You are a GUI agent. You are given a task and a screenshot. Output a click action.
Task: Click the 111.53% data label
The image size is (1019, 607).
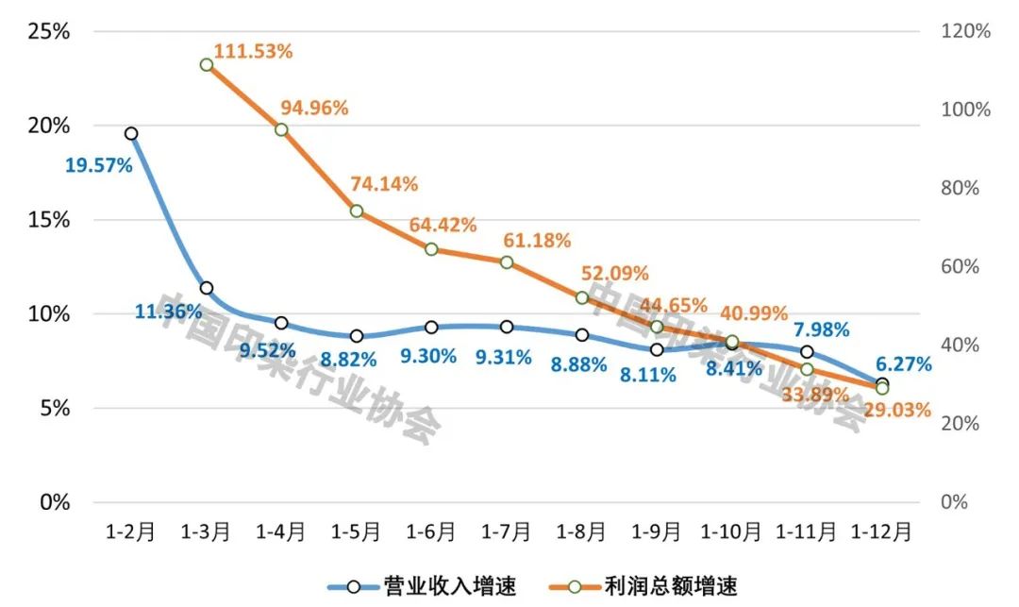tap(253, 51)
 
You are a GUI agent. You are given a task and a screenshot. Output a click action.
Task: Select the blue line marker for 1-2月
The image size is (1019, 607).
tap(131, 134)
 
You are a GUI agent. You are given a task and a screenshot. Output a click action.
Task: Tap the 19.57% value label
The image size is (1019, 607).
tap(98, 165)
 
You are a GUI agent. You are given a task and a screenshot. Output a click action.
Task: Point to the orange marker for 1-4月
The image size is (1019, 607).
tap(281, 129)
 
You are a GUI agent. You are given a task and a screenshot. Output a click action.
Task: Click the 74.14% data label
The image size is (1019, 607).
tap(384, 184)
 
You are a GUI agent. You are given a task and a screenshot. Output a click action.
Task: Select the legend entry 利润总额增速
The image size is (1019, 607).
tap(651, 586)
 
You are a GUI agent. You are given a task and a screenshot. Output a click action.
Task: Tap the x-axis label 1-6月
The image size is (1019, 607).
tap(431, 531)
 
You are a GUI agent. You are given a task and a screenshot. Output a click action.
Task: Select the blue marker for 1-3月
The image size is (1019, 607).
tap(206, 288)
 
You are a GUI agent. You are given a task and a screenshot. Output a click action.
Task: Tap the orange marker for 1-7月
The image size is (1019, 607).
tap(507, 262)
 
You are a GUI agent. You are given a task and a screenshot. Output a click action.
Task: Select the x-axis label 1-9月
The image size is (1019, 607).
tap(657, 531)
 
